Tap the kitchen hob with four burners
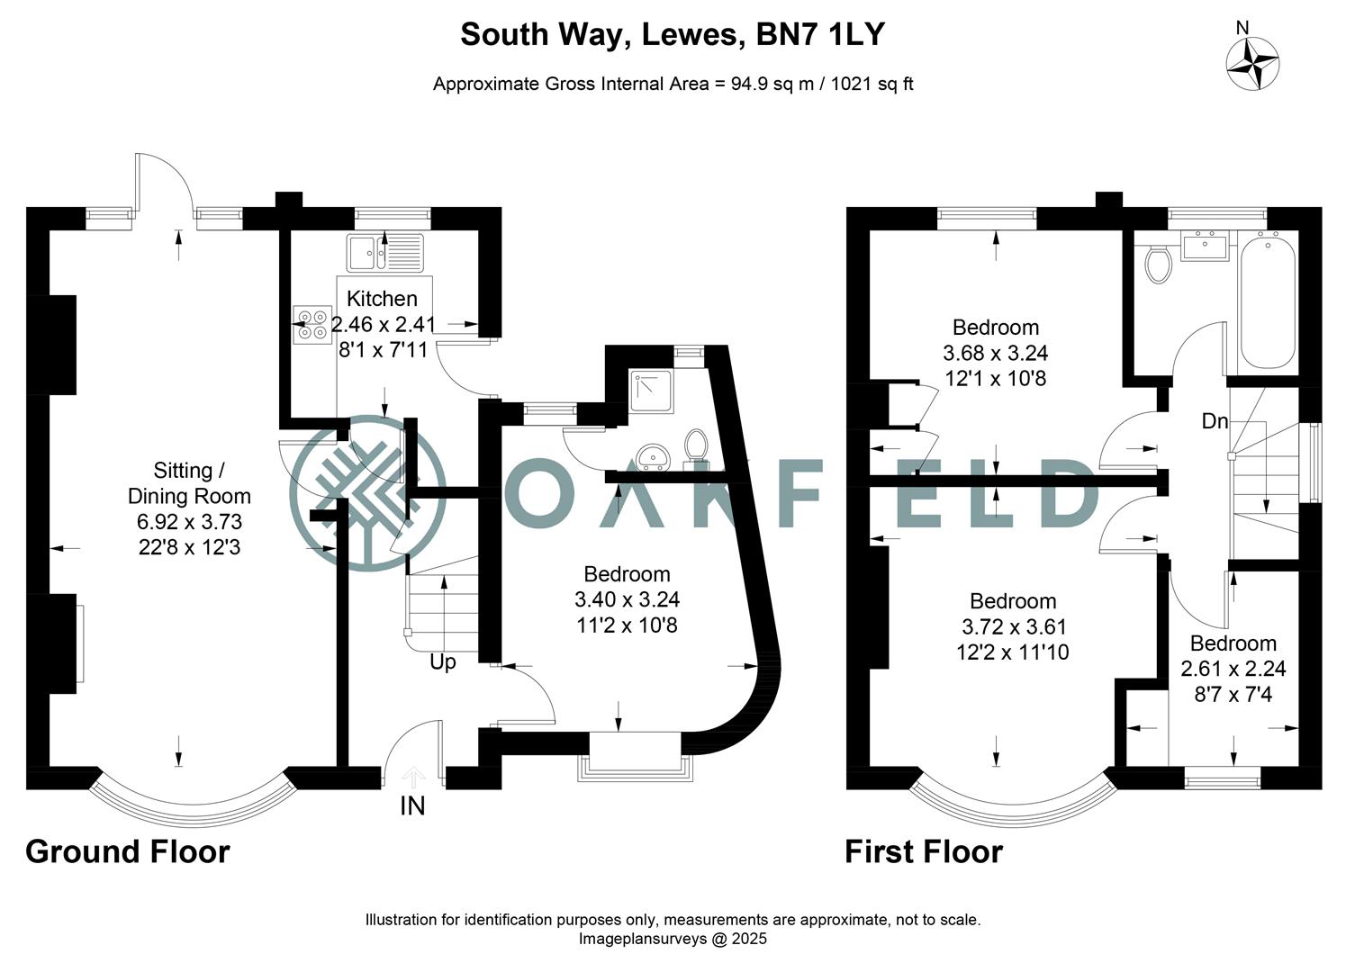(x=312, y=325)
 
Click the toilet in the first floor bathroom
(x=1158, y=264)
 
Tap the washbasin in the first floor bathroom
(x=1203, y=246)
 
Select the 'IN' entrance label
(x=412, y=805)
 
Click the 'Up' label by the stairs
(x=443, y=662)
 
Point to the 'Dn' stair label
(x=1215, y=420)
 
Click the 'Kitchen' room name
(x=382, y=299)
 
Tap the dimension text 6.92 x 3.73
(x=189, y=522)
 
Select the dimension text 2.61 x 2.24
(x=1233, y=669)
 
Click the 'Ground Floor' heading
(x=128, y=851)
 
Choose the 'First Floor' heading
(x=923, y=851)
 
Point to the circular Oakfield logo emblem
(x=367, y=493)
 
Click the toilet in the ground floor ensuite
(x=695, y=445)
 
